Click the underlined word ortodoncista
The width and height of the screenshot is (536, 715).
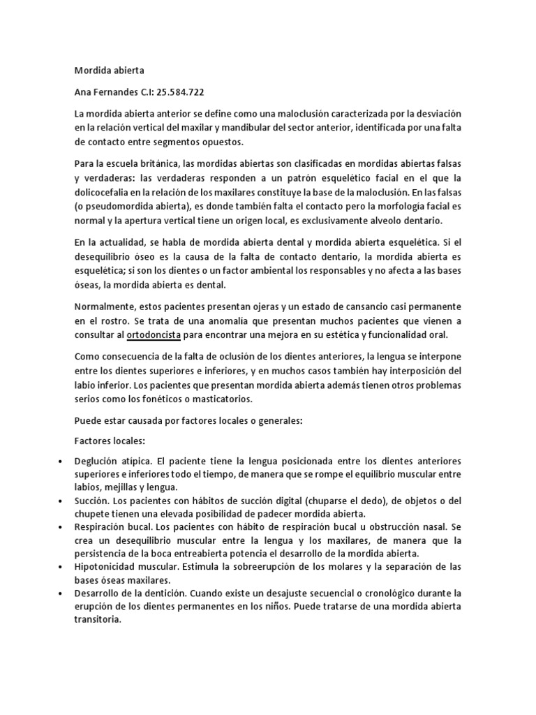click(154, 334)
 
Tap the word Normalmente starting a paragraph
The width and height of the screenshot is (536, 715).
click(104, 307)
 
